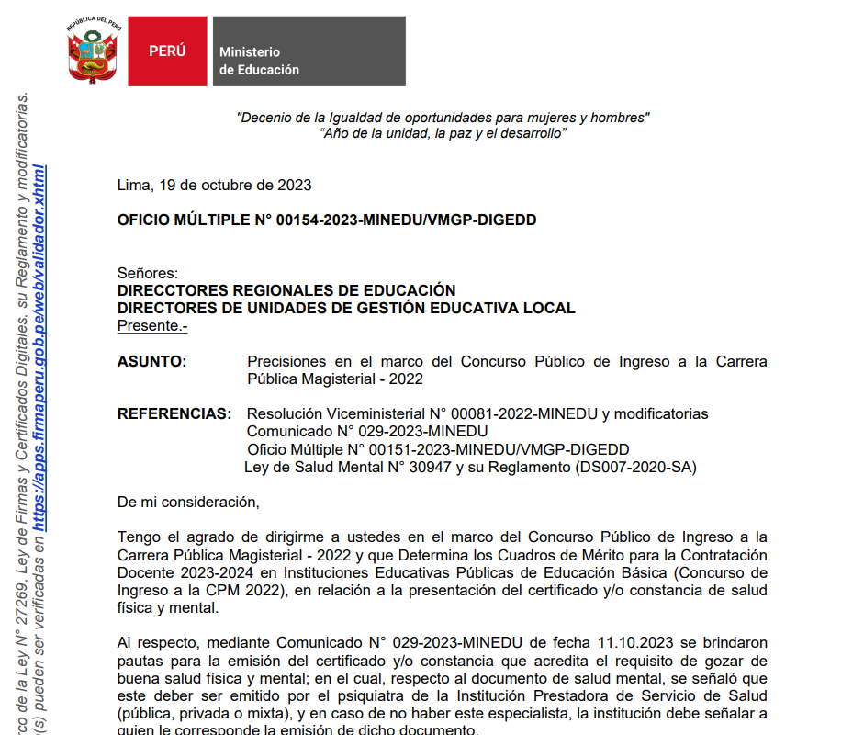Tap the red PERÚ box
tap(167, 51)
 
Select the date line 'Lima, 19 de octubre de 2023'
tap(214, 185)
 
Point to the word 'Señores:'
tap(148, 273)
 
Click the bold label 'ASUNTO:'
tap(151, 362)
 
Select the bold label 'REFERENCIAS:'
tap(172, 414)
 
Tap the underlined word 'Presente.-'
tap(152, 326)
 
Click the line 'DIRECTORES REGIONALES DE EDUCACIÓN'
tap(286, 290)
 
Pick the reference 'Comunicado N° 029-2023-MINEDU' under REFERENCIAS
tap(367, 432)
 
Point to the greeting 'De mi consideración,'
tap(188, 503)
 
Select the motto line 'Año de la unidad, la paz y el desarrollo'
tap(443, 134)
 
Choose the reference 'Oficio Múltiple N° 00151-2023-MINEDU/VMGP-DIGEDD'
tap(438, 449)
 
